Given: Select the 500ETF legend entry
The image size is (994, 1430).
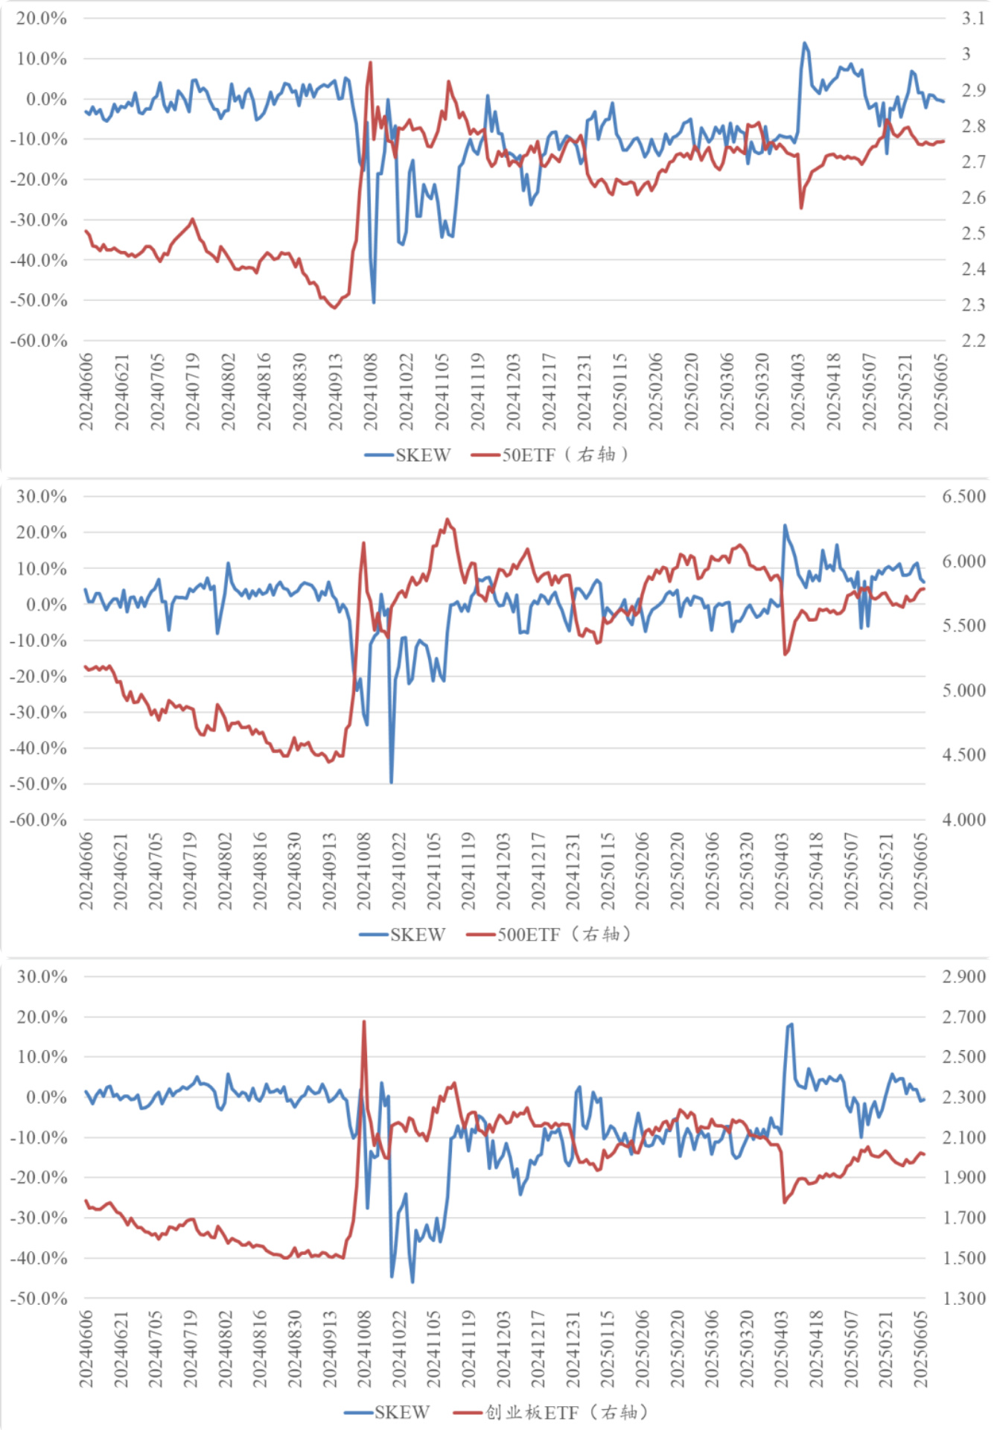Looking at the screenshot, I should coord(548,934).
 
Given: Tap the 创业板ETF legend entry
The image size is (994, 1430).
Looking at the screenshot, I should coord(551,1412).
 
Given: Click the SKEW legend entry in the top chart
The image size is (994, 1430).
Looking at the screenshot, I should coord(408,454).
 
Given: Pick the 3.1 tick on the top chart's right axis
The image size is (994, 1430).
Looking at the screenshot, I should coord(972,19).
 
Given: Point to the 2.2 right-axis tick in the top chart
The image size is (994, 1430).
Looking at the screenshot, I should coord(972,340).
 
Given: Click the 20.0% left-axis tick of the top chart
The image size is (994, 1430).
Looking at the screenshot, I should coord(42,19).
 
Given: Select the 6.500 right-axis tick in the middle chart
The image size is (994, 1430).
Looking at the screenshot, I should coord(964,497).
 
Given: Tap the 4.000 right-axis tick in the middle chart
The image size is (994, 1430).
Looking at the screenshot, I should coord(964,820).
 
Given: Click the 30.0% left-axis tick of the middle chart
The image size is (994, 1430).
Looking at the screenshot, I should coord(42,497).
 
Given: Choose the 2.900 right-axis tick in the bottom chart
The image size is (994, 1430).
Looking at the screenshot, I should coord(964,976).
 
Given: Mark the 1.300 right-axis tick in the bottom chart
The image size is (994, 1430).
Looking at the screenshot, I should coord(964,1298).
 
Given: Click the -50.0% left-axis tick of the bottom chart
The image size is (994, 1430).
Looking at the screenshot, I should coord(39,1298).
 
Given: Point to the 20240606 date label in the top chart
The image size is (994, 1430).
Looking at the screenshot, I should coord(86,392).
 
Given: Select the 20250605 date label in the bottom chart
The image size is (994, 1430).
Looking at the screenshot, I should coord(921,1350).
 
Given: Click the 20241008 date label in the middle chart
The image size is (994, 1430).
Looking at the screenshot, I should coord(364,871).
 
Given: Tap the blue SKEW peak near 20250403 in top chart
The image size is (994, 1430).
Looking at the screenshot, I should coord(804,43).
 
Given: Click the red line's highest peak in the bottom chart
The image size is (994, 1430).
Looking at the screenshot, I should coord(364,1022).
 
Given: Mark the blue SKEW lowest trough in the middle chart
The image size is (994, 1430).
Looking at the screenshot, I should coord(392,782).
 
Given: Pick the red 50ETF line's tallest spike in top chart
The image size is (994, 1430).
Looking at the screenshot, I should coord(370,63).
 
